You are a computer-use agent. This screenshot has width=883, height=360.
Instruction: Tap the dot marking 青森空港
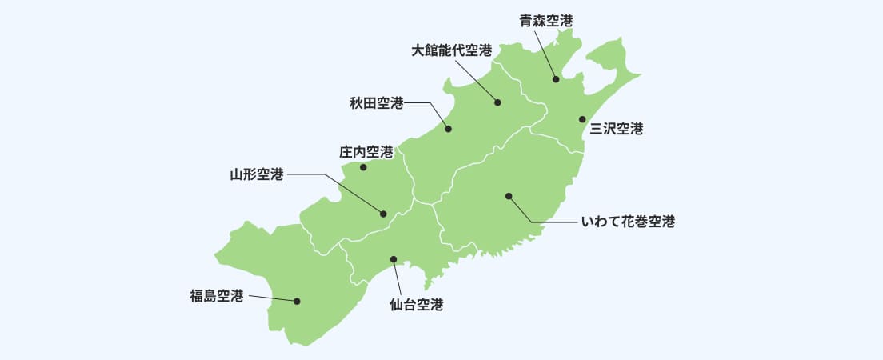(x=556, y=79)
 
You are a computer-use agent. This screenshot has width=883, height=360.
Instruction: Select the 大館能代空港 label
(x=451, y=50)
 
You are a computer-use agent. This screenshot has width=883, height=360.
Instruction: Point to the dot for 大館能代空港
(x=497, y=102)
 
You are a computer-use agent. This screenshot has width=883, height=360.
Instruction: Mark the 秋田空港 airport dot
(x=449, y=129)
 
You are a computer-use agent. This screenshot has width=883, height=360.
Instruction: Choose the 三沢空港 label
(x=617, y=128)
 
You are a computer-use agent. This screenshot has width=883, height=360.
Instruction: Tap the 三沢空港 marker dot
(x=583, y=119)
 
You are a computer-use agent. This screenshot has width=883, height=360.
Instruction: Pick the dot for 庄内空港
(x=363, y=168)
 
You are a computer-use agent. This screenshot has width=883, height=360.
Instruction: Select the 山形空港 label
(x=257, y=174)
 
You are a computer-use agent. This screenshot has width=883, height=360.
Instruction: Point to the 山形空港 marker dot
(x=383, y=214)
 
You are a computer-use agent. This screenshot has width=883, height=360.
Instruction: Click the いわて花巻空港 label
(x=628, y=222)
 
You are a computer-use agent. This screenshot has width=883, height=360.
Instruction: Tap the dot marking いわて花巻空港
(x=509, y=196)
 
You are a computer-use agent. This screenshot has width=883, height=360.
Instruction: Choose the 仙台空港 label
(x=416, y=304)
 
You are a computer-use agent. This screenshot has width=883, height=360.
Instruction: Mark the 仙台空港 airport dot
(x=393, y=259)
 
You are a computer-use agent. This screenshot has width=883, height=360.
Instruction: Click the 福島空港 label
(x=216, y=296)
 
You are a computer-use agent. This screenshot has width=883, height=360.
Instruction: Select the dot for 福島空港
(x=297, y=302)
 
